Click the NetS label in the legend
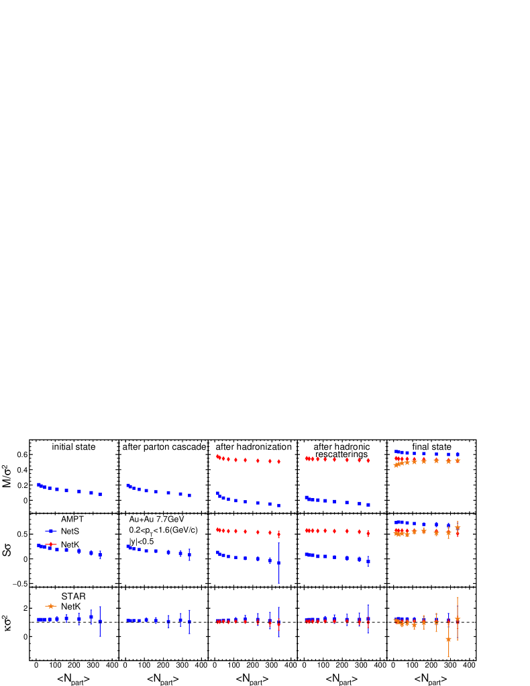pos(70,531)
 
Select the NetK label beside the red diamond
pos(70,544)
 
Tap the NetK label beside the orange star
pos(70,607)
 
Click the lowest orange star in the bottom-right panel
pos(448,640)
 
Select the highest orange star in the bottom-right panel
pos(458,619)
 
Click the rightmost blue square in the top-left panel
pos(100,494)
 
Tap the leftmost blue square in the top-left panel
pos(39,484)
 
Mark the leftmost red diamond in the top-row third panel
pos(217,456)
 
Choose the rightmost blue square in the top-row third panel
pos(278,505)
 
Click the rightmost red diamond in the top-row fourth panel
pos(368,460)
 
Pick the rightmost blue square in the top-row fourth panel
pos(368,505)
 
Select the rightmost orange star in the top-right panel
pos(458,460)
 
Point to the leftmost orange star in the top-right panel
pos(396,465)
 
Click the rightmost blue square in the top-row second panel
pos(189,495)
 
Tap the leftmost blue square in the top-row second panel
pos(127,485)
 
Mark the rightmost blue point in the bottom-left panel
pos(100,622)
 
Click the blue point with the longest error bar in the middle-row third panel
pos(278,562)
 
